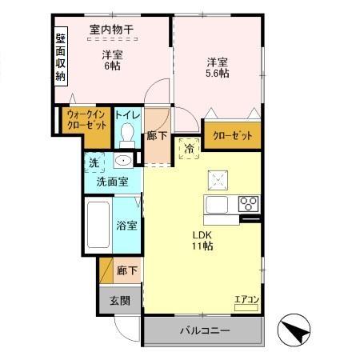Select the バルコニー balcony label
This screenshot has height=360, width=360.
point(204,330)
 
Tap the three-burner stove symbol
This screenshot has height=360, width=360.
point(247,202)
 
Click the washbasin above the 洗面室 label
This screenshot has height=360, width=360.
point(122,161)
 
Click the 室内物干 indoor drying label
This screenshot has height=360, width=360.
point(111,30)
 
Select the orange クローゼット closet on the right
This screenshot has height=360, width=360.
point(232,136)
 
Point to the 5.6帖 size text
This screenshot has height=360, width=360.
point(217,73)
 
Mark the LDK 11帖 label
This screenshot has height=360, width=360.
point(201,241)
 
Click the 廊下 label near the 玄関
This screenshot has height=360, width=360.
point(126,270)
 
